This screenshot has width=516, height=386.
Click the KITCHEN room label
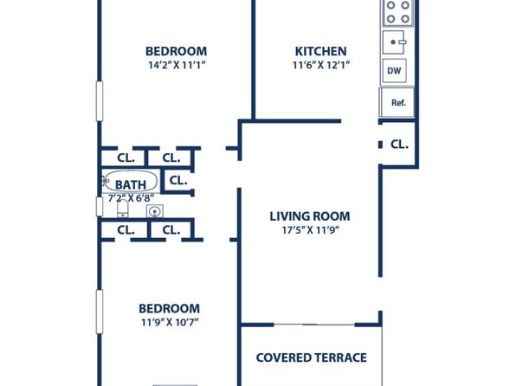coord(320,51)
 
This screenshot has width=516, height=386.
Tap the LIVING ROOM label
coord(310,216)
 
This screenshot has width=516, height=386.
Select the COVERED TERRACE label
coord(312,357)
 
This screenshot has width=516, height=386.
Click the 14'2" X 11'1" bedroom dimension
coord(177,65)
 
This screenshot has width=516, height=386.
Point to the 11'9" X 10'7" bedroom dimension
coord(170,322)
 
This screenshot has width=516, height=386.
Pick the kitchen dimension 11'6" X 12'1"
coord(321,65)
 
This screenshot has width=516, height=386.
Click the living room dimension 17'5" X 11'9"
coord(310,229)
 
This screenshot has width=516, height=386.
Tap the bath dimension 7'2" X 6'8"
coord(131,198)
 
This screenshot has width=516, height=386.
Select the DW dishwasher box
coord(394,70)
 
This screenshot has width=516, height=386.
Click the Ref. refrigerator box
coord(397,102)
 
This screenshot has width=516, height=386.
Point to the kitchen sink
coord(394,42)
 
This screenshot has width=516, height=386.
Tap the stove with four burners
coord(398,12)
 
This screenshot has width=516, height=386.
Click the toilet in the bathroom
coord(123,209)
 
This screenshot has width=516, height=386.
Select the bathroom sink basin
coord(154,211)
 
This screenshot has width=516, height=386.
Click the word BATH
coord(131,185)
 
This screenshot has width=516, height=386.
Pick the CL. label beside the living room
coord(399,145)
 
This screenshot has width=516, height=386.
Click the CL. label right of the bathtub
coord(178,180)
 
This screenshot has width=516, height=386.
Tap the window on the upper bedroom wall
coord(99,101)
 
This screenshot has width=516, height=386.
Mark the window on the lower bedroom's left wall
coord(99,312)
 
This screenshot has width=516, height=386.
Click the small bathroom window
coord(99,207)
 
